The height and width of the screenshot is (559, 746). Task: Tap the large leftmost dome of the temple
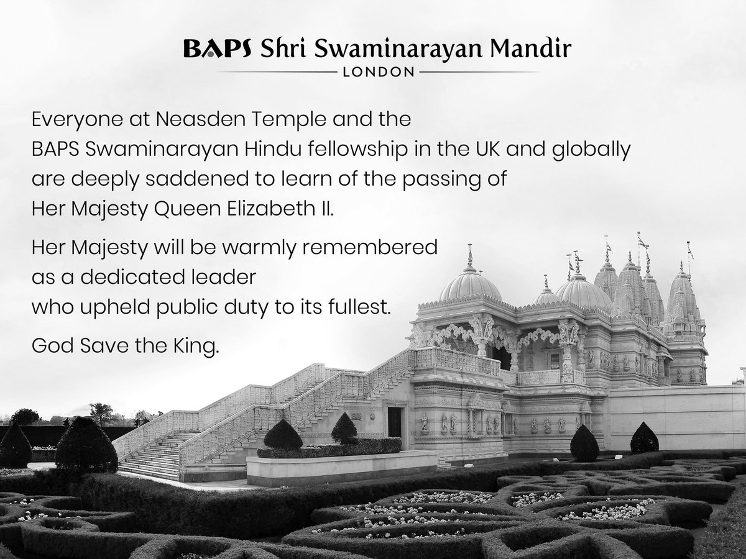[470, 287]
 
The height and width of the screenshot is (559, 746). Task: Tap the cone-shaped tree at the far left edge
[14, 446]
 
